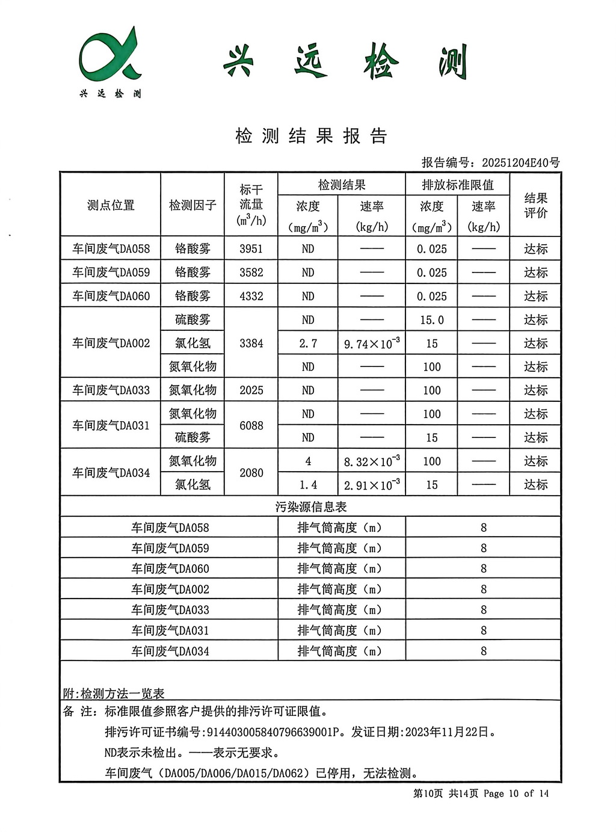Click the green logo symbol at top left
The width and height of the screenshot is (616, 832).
pyautogui.click(x=109, y=55)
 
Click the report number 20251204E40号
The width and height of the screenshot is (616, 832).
pyautogui.click(x=521, y=162)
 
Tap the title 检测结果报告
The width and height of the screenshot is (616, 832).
pyautogui.click(x=311, y=136)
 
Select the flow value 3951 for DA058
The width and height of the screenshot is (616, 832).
pyautogui.click(x=251, y=249)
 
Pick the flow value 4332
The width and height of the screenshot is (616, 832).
pyautogui.click(x=251, y=296)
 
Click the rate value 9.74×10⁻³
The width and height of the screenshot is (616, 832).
pyautogui.click(x=372, y=344)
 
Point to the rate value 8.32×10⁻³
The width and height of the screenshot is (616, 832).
pyautogui.click(x=372, y=461)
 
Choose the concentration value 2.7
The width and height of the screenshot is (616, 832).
pyautogui.click(x=308, y=344)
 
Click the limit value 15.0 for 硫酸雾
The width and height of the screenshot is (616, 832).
pyautogui.click(x=432, y=320)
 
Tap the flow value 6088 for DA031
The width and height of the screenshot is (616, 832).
pyautogui.click(x=251, y=425)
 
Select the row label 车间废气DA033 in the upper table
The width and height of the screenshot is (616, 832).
pyautogui.click(x=111, y=390)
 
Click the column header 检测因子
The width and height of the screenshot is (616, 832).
pyautogui.click(x=192, y=205)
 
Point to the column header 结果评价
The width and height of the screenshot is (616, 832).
pyautogui.click(x=535, y=205)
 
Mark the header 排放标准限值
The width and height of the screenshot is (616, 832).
pyautogui.click(x=458, y=185)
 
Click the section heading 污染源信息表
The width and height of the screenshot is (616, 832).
pyautogui.click(x=311, y=507)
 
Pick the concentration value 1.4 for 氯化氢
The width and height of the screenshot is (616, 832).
pyautogui.click(x=308, y=485)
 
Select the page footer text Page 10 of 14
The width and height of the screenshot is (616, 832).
pyautogui.click(x=516, y=793)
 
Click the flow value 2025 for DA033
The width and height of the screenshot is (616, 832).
pyautogui.click(x=251, y=390)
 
